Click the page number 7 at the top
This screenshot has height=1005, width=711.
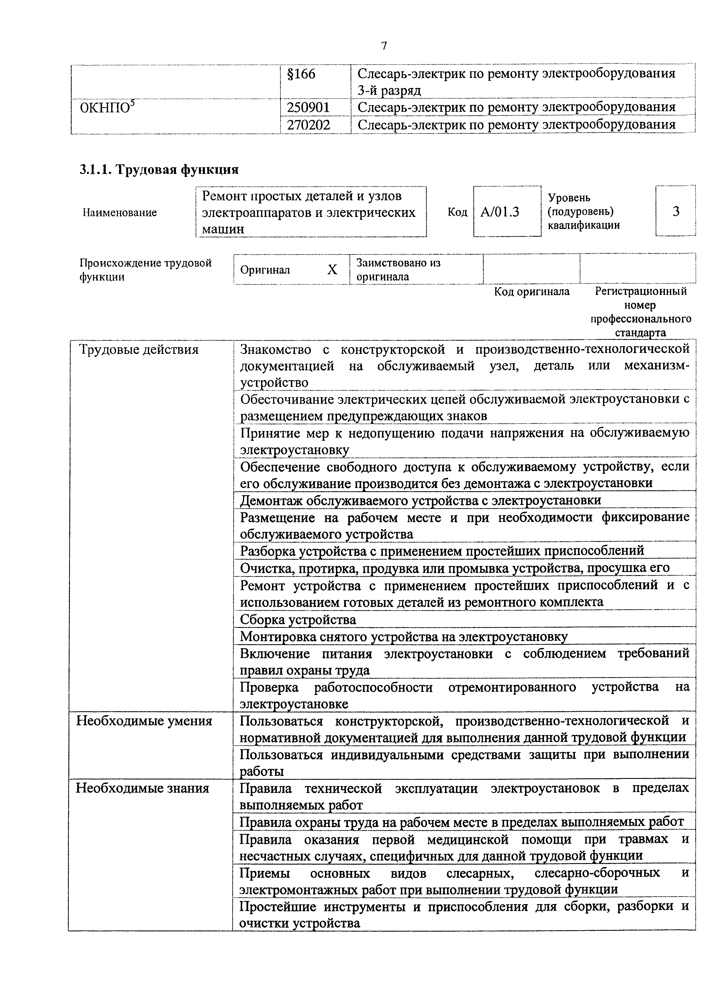384,46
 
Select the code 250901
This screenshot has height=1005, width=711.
308,107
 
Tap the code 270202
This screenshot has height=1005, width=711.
308,126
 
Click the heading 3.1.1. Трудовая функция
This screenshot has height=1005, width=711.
159,169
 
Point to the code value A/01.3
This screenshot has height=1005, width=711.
500,212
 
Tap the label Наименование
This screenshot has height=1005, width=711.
120,213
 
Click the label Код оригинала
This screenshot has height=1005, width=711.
532,291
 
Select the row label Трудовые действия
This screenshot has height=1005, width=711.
139,350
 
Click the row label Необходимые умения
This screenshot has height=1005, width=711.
144,721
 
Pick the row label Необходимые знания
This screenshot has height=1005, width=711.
143,788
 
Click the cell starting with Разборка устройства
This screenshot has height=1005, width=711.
442,550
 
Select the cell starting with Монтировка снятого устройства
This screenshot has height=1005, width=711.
404,636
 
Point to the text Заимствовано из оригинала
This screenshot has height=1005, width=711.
398,270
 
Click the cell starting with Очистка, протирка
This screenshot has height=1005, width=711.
455,568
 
